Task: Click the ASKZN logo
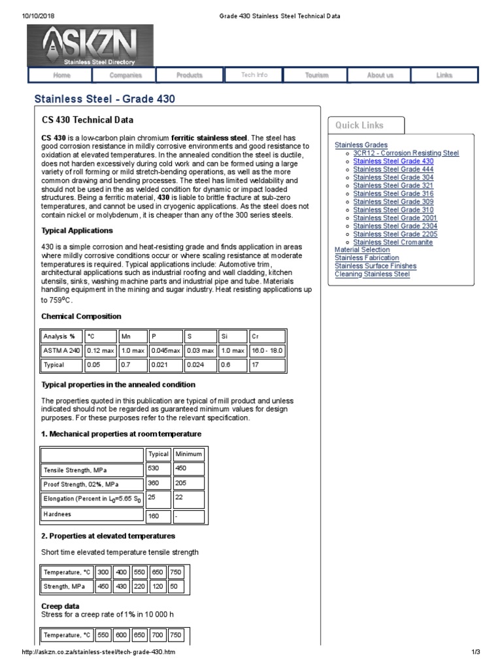pyautogui.click(x=90, y=45)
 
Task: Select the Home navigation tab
pyautogui.click(x=61, y=75)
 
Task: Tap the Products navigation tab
pyautogui.click(x=189, y=75)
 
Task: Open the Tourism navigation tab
pyautogui.click(x=316, y=75)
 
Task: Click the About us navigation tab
pyautogui.click(x=380, y=75)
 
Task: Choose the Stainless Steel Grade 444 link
pyautogui.click(x=393, y=169)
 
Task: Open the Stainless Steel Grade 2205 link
pyautogui.click(x=395, y=234)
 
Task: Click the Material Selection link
pyautogui.click(x=362, y=250)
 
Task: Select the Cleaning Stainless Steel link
pyautogui.click(x=372, y=274)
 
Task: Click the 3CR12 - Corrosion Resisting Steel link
pyautogui.click(x=406, y=153)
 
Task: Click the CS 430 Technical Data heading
pyautogui.click(x=88, y=120)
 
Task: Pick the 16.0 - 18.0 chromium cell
pyautogui.click(x=267, y=350)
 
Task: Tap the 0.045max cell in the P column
pyautogui.click(x=165, y=350)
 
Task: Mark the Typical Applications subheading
pyautogui.click(x=77, y=231)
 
